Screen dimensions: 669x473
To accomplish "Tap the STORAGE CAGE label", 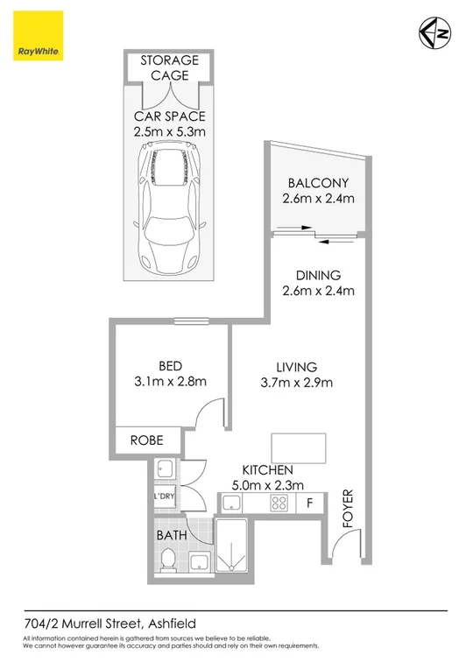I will (x=171, y=68).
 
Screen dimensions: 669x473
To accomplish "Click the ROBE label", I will (x=146, y=440).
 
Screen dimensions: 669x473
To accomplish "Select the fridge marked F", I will (x=309, y=504).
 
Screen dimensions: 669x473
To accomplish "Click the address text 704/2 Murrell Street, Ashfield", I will (x=109, y=623).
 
